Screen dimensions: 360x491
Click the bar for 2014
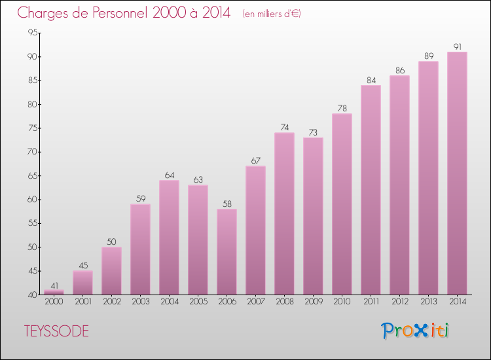[x=457, y=173]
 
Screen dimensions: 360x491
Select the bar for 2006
[x=227, y=252]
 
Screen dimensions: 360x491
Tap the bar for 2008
[x=284, y=214]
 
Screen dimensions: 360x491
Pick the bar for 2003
[x=140, y=249]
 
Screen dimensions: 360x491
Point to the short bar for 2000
[x=54, y=292]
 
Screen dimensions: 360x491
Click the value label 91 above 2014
[x=457, y=46]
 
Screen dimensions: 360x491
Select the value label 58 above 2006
[x=227, y=204]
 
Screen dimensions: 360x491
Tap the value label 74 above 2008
[x=284, y=128]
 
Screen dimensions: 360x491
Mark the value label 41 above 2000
[x=54, y=285]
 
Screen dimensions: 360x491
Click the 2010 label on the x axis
[x=342, y=302]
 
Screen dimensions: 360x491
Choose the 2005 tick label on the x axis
[x=198, y=302]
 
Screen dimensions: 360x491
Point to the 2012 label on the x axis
[x=399, y=302]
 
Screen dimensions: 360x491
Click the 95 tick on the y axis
[x=31, y=33]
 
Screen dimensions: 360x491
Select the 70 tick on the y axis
[x=31, y=152]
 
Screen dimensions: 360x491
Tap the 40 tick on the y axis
[x=31, y=295]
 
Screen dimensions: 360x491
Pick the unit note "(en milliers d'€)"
[x=271, y=13]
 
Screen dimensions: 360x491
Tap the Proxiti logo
[x=416, y=331]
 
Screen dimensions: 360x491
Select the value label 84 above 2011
[x=371, y=81]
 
